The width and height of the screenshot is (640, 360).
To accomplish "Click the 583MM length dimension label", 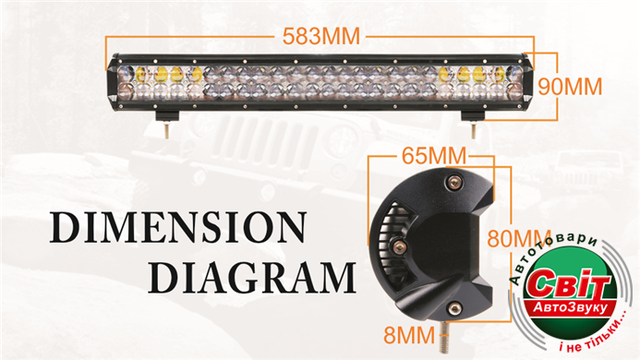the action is click(321, 36).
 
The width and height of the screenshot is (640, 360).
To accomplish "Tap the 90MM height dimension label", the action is click(570, 87).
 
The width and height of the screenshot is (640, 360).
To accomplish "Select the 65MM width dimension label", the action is click(434, 155).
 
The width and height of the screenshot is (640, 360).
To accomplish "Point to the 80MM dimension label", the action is click(518, 239).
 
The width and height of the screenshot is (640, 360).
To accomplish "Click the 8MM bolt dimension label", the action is click(409, 335).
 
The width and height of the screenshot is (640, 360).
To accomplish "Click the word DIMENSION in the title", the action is click(178, 227).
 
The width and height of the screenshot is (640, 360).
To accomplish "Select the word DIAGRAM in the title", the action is click(252, 278).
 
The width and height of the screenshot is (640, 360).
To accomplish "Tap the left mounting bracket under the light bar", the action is click(167, 116).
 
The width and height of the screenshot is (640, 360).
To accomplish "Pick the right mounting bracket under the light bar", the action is click(473, 116).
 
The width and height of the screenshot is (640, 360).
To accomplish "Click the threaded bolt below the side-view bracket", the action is click(443, 337).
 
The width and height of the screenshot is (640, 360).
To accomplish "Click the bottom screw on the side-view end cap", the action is click(454, 308).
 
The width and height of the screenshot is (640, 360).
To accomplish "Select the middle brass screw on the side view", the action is click(398, 246).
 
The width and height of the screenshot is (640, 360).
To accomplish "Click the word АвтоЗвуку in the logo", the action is click(570, 308).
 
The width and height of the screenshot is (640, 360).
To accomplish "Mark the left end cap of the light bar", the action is click(113, 82).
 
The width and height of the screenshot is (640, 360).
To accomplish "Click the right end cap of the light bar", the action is click(526, 82).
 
